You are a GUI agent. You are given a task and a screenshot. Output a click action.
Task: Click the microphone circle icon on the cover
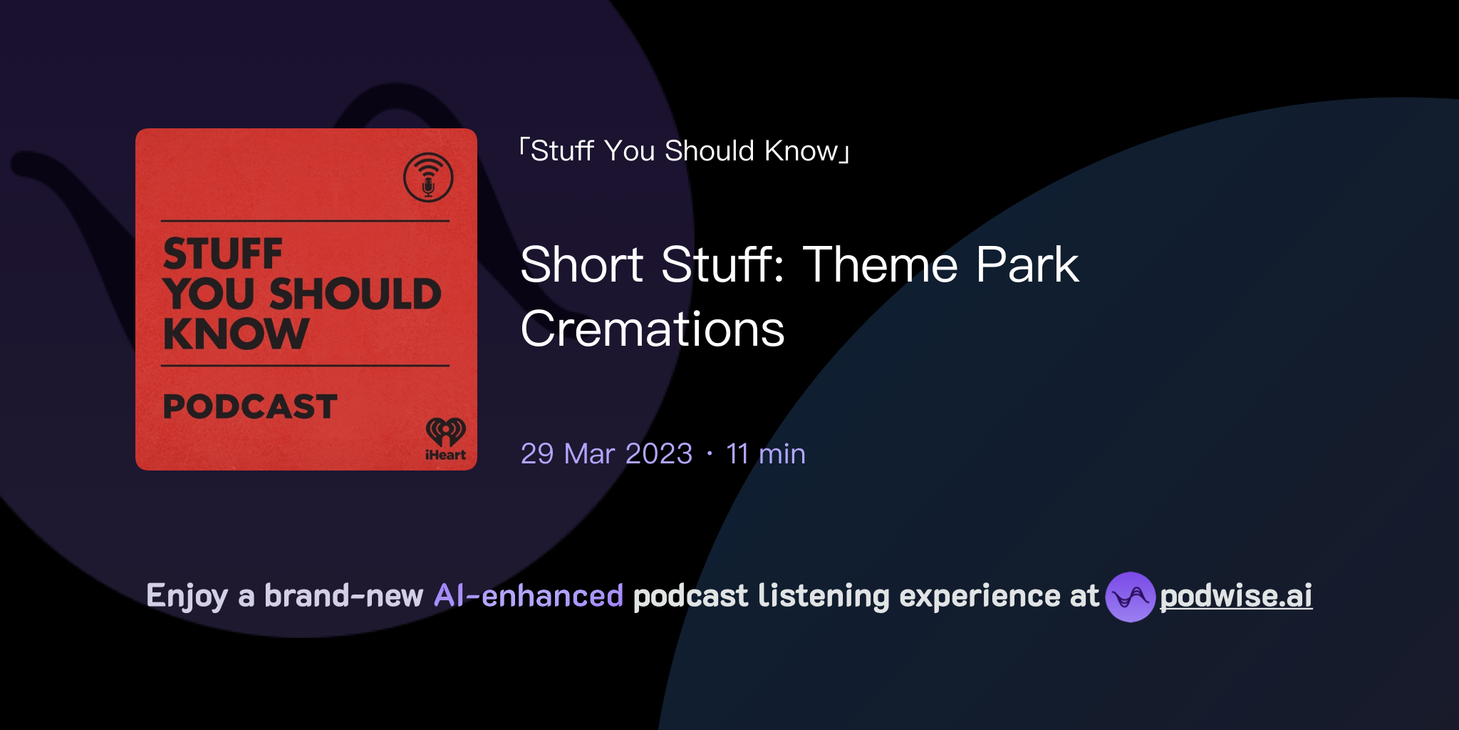(x=428, y=178)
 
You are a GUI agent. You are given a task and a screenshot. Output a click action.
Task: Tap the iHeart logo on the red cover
(x=445, y=439)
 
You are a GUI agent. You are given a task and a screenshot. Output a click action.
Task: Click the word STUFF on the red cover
(x=223, y=254)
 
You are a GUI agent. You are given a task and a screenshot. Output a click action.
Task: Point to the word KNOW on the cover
(x=236, y=334)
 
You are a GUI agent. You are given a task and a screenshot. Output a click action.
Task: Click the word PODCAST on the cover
(x=250, y=406)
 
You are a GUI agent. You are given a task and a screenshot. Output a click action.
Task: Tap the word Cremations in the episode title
(x=653, y=329)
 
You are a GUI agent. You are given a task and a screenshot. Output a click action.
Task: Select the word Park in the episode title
(x=1027, y=264)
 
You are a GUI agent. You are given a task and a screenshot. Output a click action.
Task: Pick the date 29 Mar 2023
(x=606, y=454)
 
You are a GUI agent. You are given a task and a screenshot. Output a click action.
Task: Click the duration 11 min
(x=766, y=454)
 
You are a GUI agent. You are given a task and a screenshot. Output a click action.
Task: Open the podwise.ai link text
(x=1236, y=596)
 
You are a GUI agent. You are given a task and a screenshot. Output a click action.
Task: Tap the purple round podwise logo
(x=1130, y=597)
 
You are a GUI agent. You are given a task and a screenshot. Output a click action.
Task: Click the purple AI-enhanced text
(x=529, y=596)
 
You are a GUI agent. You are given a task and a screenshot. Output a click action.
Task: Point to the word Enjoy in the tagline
(x=187, y=596)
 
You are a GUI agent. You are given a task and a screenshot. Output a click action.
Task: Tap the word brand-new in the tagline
(x=343, y=596)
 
